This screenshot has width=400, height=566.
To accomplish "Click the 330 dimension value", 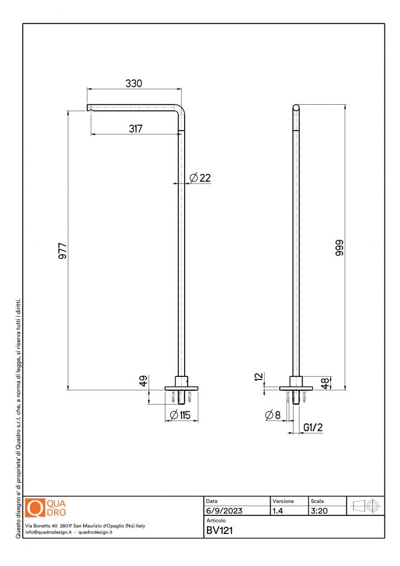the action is [x=134, y=83].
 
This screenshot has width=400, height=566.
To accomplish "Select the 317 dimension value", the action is [x=135, y=128].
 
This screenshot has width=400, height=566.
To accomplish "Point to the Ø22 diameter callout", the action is [x=200, y=178].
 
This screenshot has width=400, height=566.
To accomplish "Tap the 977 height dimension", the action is [x=63, y=251].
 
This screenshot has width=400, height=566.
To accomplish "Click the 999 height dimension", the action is [x=339, y=247].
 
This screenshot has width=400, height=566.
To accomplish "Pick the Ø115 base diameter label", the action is [x=180, y=415].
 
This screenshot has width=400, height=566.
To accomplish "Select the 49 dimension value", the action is [x=144, y=381].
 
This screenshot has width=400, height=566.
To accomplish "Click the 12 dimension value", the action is [x=259, y=377].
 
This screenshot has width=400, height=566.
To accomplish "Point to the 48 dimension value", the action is [x=325, y=384].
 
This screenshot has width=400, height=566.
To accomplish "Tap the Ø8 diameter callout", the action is [x=272, y=415].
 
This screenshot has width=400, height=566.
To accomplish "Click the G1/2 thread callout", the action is [x=313, y=428].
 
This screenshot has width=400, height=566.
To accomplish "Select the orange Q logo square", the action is [x=35, y=507].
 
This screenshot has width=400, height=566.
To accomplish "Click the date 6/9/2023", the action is [x=224, y=511].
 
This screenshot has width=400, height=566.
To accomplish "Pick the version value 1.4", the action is [x=278, y=511].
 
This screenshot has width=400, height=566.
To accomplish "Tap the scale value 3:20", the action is [x=319, y=511].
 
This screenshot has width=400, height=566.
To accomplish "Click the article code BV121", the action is [x=220, y=530].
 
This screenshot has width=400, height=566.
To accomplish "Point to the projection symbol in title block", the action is [x=365, y=506].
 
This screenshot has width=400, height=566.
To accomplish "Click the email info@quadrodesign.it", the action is [x=49, y=532].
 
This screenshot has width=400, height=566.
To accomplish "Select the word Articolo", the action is [x=216, y=520].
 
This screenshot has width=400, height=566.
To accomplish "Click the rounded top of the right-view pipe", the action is [x=296, y=108].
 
